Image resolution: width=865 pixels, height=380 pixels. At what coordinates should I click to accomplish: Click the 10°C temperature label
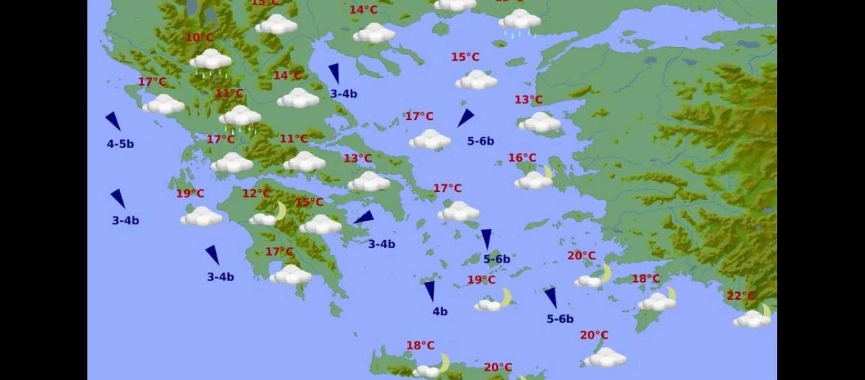point(199,38)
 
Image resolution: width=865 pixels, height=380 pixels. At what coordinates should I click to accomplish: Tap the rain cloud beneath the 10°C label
point(211,61)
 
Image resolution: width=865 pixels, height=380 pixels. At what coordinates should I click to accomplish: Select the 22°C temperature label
point(740,296)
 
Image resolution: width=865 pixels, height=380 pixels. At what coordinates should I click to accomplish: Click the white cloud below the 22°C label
point(751,320)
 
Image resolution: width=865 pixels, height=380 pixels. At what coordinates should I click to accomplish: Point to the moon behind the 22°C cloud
point(767,310)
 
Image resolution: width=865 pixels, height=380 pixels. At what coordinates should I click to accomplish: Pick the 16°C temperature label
point(522,158)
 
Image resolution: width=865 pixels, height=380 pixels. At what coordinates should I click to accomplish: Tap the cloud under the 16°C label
point(533,181)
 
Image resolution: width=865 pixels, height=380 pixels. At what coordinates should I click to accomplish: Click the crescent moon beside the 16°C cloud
point(548,172)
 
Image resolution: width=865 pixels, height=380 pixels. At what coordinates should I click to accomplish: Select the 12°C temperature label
point(256,193)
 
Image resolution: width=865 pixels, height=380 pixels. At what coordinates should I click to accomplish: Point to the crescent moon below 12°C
point(281,211)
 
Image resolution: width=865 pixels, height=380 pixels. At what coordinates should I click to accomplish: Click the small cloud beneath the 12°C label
point(262,220)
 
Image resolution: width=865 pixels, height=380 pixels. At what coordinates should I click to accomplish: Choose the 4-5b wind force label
point(120,144)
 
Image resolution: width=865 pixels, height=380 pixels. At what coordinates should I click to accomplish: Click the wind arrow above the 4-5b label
point(113,121)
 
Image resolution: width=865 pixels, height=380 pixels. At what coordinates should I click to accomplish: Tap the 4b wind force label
point(440,311)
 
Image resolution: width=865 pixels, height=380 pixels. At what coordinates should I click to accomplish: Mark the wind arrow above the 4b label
point(430,291)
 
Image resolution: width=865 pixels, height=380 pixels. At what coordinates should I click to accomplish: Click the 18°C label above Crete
point(420,345)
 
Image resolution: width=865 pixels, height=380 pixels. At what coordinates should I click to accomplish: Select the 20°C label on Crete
point(498,367)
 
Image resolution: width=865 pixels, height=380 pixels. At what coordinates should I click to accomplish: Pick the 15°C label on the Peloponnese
point(309,203)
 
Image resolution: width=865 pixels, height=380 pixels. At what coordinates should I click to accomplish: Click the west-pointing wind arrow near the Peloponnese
point(364,218)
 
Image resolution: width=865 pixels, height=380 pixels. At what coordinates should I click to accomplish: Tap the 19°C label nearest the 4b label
point(481,280)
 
